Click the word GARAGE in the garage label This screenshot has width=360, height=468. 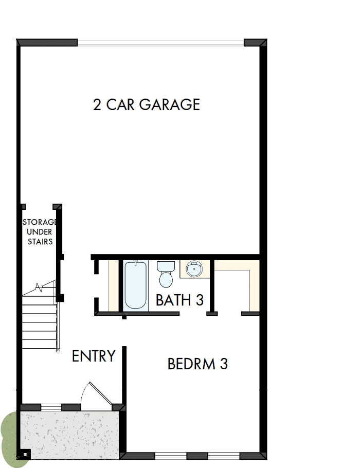coord(169,104)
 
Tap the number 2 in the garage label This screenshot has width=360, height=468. coord(97,104)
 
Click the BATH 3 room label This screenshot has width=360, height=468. coord(179,300)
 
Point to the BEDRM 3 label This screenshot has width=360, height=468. coord(197,364)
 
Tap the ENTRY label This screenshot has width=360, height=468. coord(94,356)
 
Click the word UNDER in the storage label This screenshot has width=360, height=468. coord(39,232)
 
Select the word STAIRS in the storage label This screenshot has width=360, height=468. coord(40,241)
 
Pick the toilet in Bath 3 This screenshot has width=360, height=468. coord(166,275)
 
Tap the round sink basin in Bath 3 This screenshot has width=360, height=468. coord(194,269)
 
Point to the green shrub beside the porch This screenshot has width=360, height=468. coord(9,437)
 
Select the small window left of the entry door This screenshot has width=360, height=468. coord(51,407)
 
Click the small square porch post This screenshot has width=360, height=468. coord(26,454)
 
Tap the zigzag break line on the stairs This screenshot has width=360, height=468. coord(39,286)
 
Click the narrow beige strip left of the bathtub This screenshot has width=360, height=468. coord(114,285)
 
